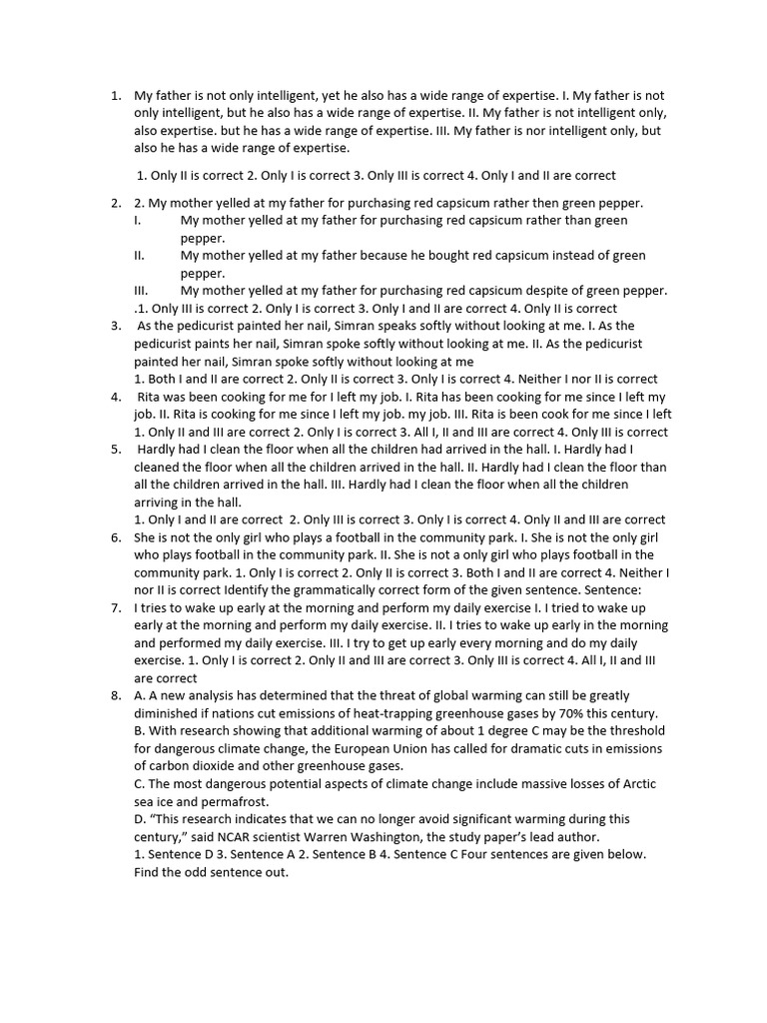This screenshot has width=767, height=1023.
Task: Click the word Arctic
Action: [639, 783]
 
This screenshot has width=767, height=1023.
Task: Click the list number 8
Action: [116, 695]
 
